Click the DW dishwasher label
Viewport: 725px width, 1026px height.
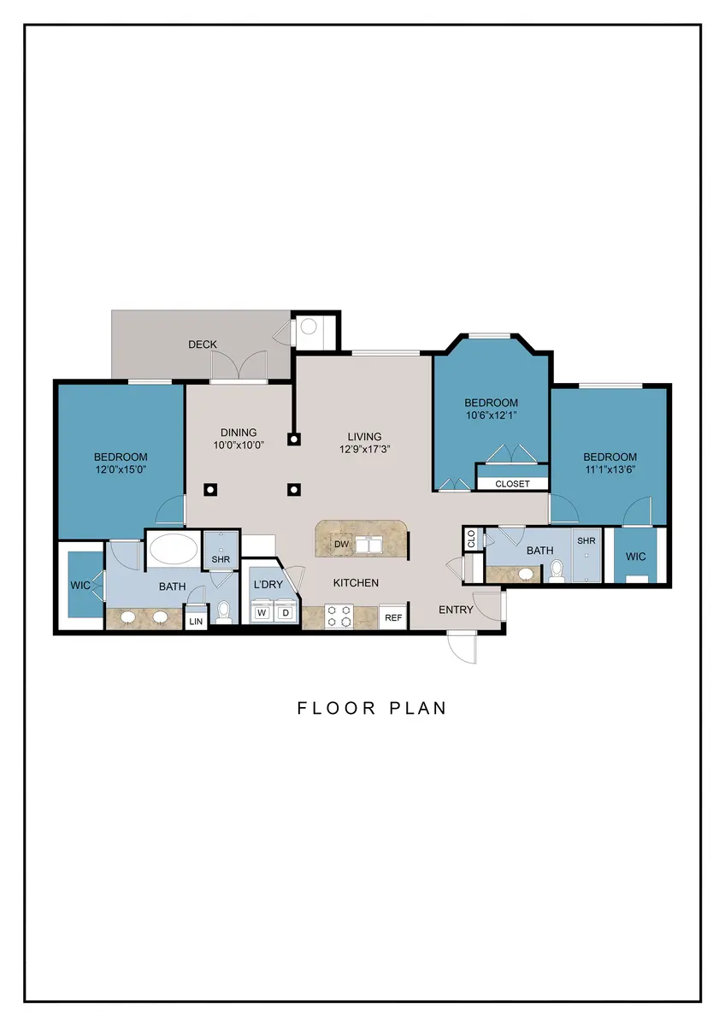point(342,545)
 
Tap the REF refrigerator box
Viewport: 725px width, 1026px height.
point(393,617)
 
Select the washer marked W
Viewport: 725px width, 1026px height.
point(262,613)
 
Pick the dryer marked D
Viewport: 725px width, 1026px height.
point(286,613)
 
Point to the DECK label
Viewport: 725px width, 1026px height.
point(203,345)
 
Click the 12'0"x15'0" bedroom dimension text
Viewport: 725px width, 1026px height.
point(121,469)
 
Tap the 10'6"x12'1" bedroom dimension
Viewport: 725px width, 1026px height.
point(491,415)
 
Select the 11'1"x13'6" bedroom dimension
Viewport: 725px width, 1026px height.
point(610,469)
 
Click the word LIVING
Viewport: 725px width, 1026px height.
point(364,437)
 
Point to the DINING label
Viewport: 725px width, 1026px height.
point(239,433)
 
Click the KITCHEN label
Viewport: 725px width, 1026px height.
point(356,583)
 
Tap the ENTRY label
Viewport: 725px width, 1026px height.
point(456,610)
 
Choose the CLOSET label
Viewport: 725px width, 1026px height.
point(512,484)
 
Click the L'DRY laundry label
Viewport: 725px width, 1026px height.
point(268,585)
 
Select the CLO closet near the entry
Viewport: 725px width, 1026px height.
point(471,540)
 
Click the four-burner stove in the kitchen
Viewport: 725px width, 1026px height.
point(339,616)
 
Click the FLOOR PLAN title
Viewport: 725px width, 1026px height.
point(371,708)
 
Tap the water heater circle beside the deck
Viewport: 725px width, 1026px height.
point(309,327)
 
